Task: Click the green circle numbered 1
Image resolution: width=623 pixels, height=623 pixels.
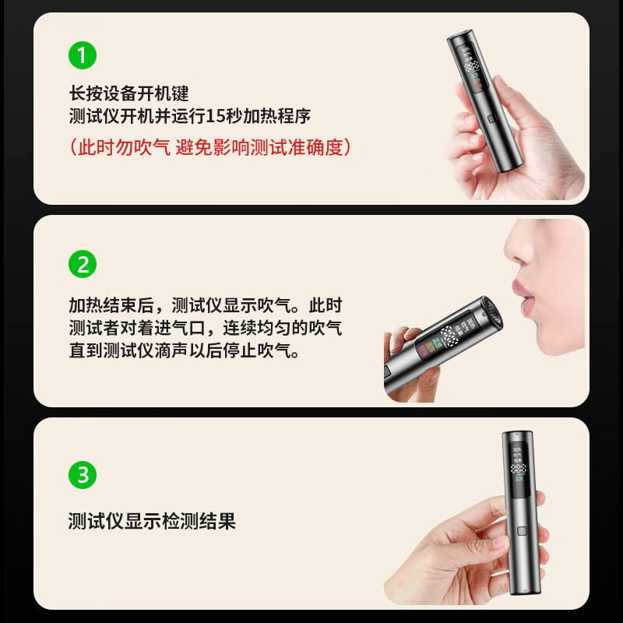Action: point(83,55)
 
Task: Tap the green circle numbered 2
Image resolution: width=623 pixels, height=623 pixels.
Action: point(83,264)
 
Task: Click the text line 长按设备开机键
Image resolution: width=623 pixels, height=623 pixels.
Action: point(128,94)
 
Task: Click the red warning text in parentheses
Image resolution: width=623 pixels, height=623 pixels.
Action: point(209,146)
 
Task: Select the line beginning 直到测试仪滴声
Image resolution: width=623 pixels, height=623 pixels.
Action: point(184,350)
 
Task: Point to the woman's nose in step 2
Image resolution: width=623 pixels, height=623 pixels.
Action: point(516,252)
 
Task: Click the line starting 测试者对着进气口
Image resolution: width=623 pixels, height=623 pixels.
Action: point(205,328)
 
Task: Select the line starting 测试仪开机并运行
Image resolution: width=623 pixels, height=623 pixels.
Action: point(189,117)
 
